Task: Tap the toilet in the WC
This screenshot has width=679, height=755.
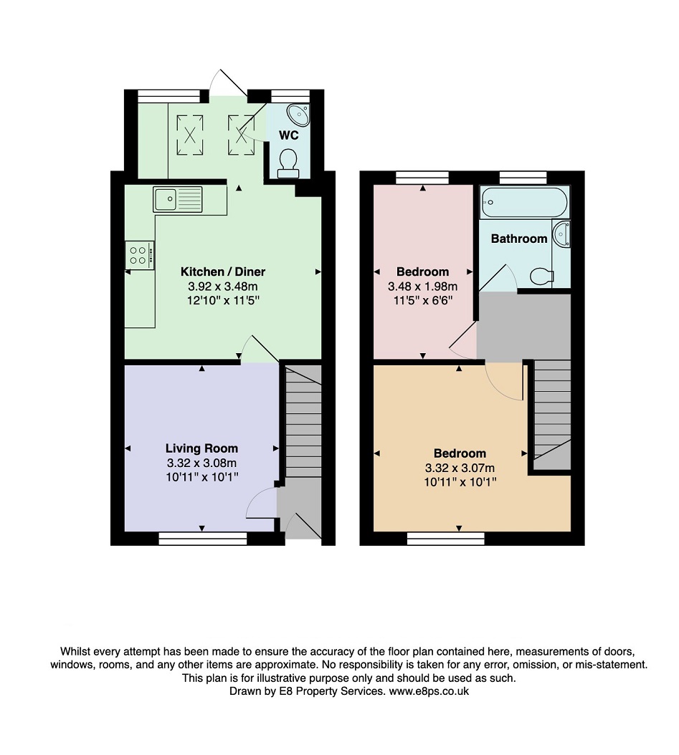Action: coord(289,163)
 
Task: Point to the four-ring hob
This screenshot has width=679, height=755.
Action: coord(139,255)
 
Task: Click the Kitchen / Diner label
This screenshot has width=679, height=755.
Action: coord(222,272)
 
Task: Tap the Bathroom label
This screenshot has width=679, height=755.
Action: coord(519,239)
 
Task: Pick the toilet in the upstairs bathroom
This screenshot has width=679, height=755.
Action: coord(541,275)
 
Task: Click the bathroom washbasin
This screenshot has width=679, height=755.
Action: coord(564,234)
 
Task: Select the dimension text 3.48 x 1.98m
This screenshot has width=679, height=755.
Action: coord(422,286)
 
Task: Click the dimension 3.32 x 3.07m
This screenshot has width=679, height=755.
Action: coord(460,467)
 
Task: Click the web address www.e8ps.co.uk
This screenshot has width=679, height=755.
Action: coord(428,691)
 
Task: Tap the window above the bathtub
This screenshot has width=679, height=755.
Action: coord(523,176)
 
